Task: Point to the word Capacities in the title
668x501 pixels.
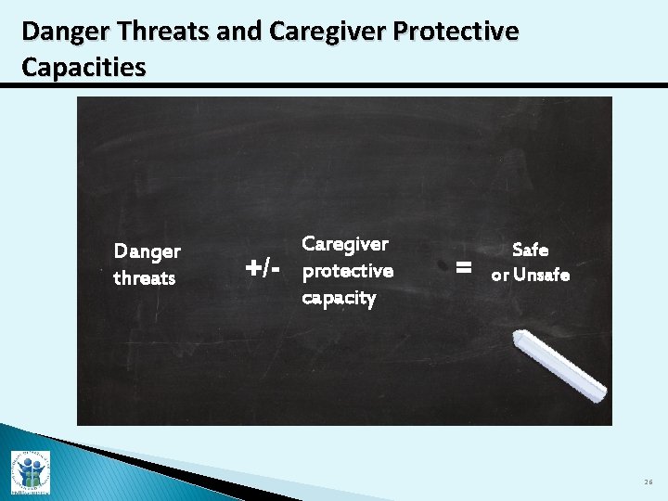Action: [83, 68]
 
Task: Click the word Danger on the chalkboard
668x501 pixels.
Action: [147, 251]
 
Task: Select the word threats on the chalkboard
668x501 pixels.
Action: [144, 278]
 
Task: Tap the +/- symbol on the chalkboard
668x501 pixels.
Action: [263, 269]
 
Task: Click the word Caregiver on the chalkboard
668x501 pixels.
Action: [345, 244]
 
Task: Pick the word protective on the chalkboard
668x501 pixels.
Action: [348, 271]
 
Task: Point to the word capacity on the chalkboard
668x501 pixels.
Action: [339, 298]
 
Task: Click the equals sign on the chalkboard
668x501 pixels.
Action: [464, 268]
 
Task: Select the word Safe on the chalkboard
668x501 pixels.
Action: [530, 250]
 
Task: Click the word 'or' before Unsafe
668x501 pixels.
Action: [499, 276]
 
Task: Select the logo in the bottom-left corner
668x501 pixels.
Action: [30, 471]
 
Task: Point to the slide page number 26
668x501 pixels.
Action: [648, 482]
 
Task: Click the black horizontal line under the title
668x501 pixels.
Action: [334, 86]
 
